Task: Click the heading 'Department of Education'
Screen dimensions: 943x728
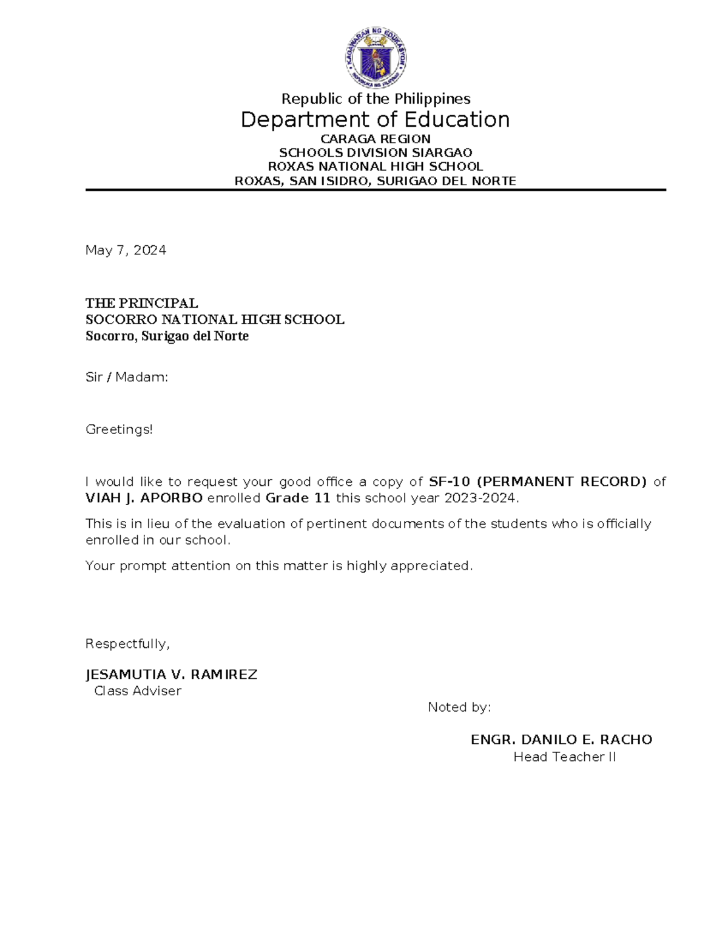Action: [375, 120]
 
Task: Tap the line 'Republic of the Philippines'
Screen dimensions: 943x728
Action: [376, 99]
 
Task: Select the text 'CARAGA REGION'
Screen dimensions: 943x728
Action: [376, 139]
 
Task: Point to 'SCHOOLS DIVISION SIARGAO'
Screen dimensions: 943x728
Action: [376, 153]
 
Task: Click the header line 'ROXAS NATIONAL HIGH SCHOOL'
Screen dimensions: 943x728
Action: [376, 166]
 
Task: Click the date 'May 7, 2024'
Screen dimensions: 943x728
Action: [126, 250]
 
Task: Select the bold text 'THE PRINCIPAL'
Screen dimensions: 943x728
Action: [141, 303]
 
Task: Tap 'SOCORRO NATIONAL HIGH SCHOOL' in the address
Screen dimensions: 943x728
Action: [215, 319]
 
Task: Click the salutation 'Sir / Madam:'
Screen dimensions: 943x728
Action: [127, 377]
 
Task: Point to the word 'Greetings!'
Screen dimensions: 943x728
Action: [119, 430]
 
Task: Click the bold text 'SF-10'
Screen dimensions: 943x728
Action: [449, 482]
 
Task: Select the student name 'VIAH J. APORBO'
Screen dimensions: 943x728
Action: [144, 499]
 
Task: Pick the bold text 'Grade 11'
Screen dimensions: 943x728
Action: [298, 499]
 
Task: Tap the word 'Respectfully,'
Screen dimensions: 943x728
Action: [127, 644]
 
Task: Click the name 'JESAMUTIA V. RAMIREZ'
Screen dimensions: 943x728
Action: [171, 675]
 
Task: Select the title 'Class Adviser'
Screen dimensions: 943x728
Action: [138, 691]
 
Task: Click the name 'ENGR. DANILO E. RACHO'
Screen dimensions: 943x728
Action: [561, 740]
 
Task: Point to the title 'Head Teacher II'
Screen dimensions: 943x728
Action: [564, 757]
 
